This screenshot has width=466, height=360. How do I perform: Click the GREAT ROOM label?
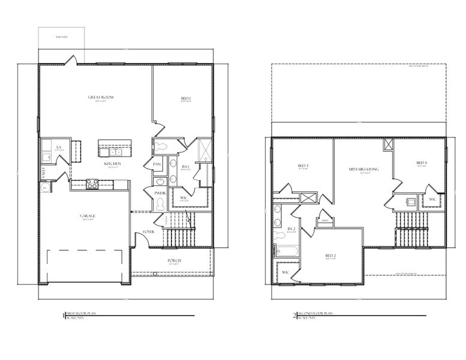101,97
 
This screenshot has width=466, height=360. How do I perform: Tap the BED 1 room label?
186,98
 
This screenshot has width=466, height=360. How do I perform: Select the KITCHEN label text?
113,163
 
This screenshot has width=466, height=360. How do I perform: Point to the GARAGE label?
88,215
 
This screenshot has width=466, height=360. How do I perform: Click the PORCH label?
175,260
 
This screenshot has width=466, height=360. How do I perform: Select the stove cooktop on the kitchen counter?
92,184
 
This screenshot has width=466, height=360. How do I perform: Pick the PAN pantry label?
157,164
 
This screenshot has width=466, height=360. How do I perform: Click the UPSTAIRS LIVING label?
364,170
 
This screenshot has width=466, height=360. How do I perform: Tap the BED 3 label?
303,166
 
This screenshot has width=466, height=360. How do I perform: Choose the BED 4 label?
422,163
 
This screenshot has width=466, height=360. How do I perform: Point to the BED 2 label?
330,256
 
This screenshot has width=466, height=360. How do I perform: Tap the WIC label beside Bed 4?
432,199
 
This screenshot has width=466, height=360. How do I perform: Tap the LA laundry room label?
59,147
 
